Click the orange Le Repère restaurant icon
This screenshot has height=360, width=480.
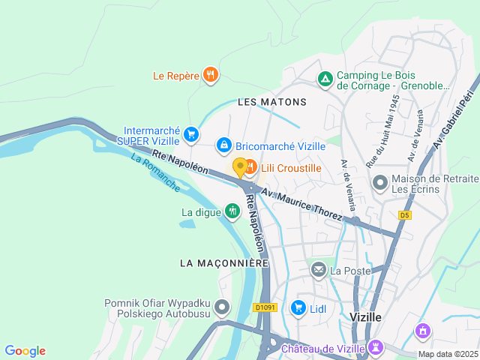click(211, 75)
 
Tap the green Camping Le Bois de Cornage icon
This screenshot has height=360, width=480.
click(325, 78)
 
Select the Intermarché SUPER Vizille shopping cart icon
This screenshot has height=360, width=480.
click(191, 135)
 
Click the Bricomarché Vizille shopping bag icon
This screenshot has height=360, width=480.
click(223, 144)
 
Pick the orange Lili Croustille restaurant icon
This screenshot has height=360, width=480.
click(250, 166)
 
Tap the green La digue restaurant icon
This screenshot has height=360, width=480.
click(232, 211)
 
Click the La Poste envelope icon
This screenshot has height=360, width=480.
click(319, 269)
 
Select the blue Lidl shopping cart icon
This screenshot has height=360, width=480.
click(298, 307)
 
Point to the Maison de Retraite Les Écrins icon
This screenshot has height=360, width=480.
click(380, 183)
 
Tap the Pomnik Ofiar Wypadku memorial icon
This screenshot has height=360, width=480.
click(222, 307)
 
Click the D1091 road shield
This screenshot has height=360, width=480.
click(265, 307)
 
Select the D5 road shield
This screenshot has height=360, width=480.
click(405, 215)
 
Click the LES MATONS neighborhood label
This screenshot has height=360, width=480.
click(272, 101)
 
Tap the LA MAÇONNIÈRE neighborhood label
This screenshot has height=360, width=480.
click(224, 263)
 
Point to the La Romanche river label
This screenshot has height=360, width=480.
click(155, 172)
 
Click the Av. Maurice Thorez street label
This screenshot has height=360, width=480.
click(301, 204)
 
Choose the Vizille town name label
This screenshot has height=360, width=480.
click(366, 317)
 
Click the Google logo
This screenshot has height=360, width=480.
click(25, 351)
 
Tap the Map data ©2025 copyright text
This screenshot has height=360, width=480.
click(447, 354)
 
